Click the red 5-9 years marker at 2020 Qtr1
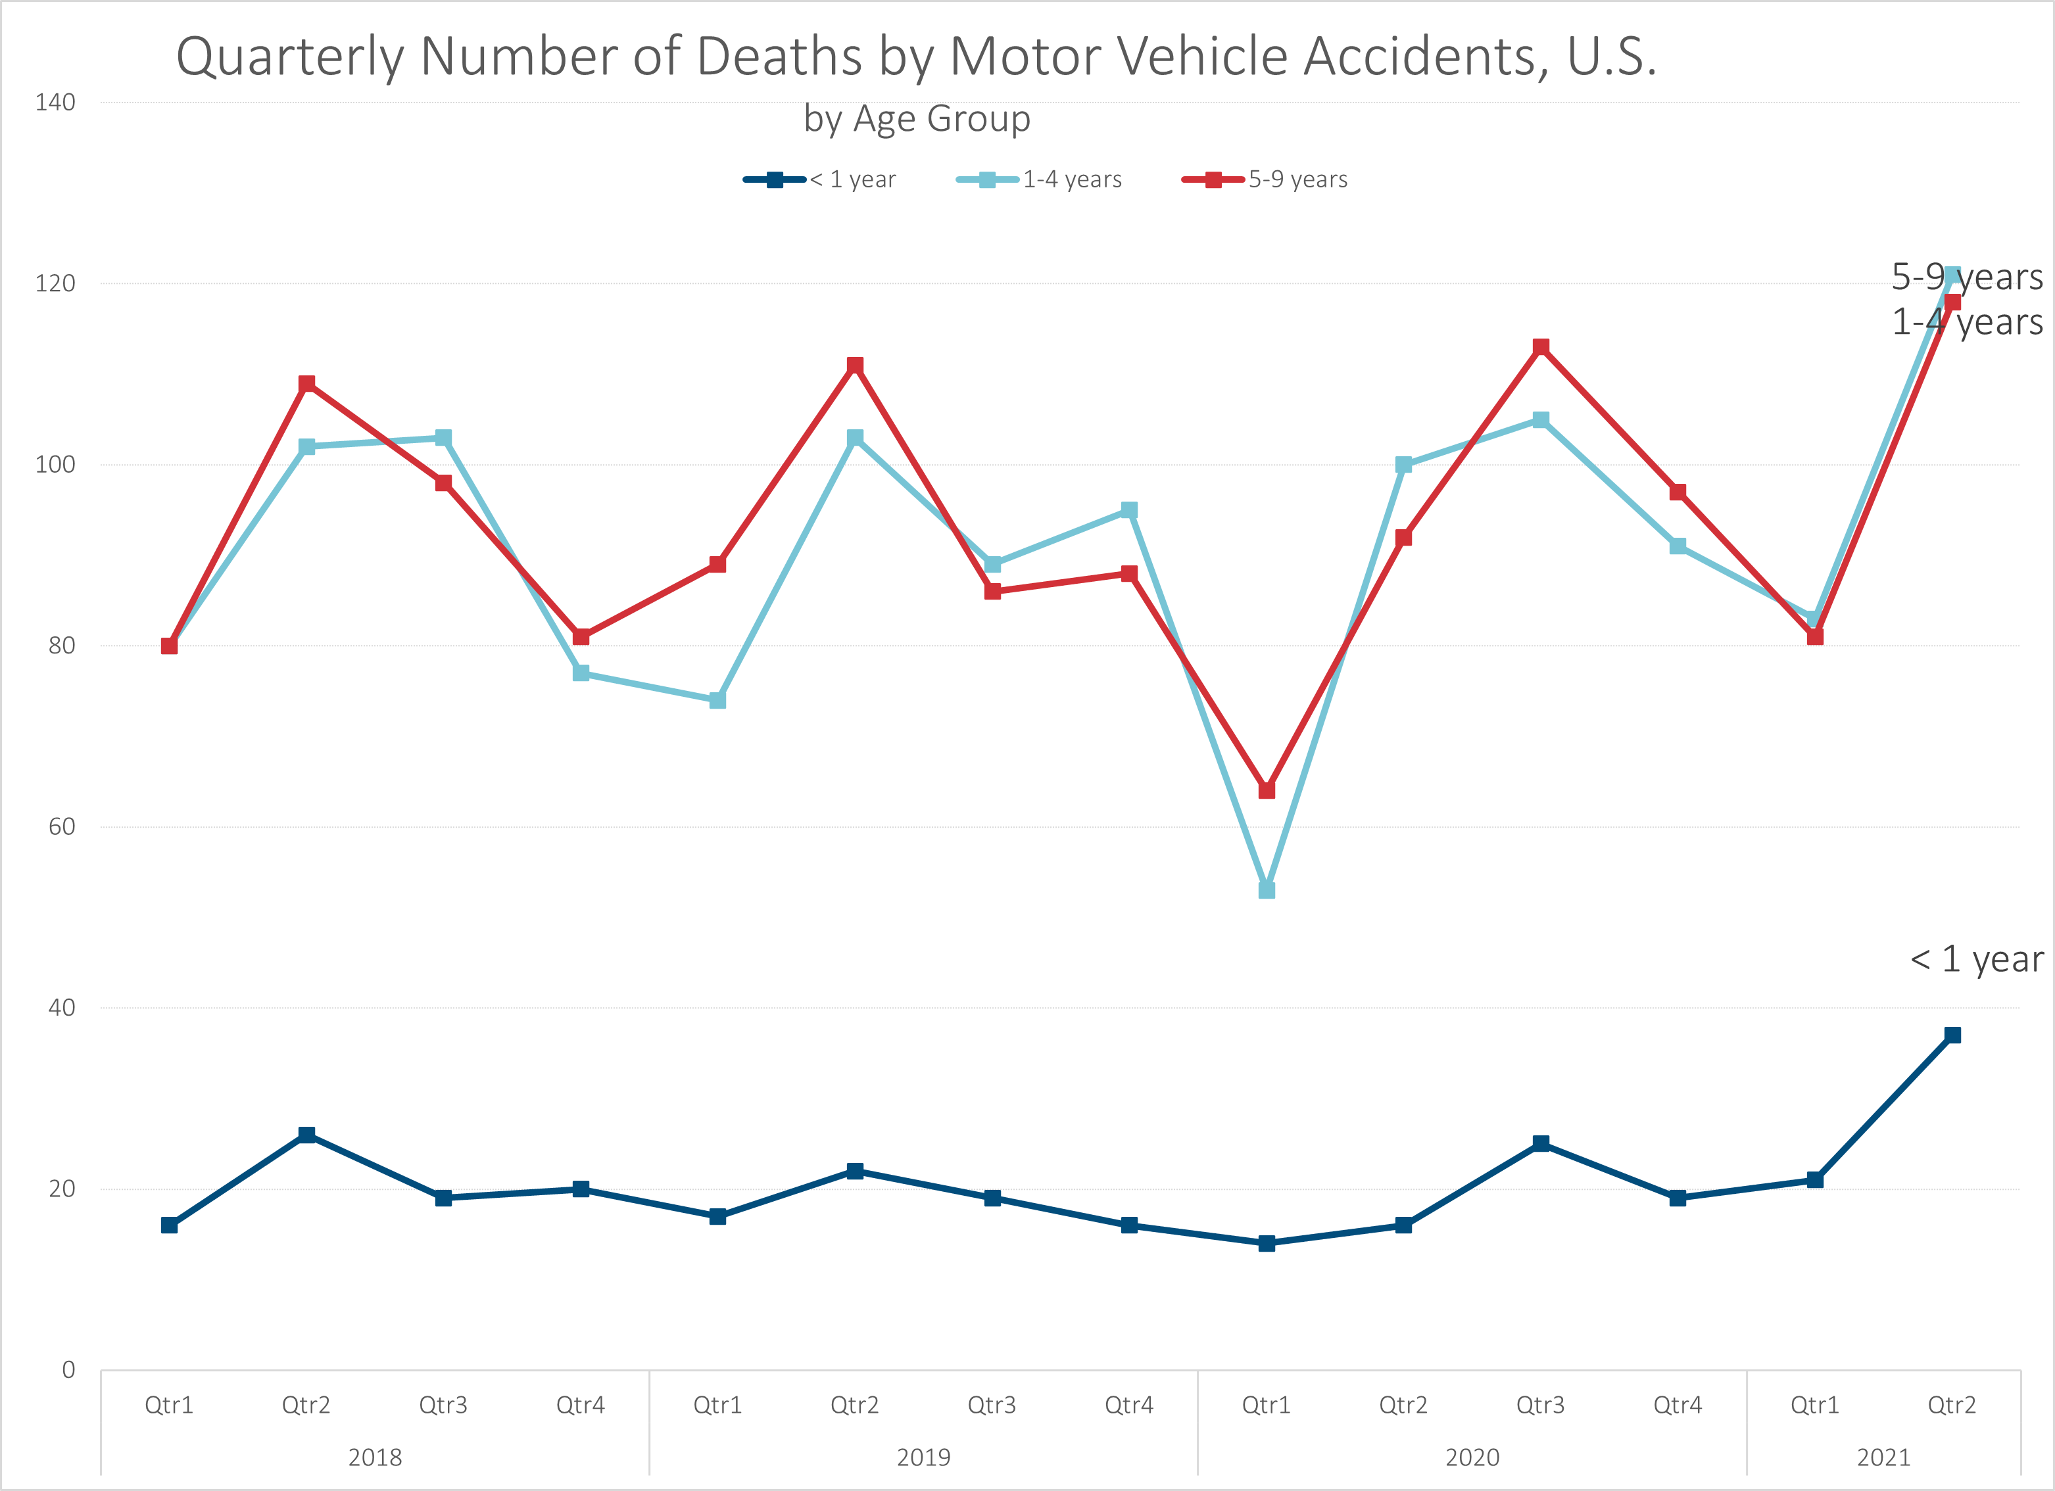tap(1267, 790)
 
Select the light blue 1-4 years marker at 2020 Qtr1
tap(1267, 890)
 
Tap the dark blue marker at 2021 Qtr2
tap(1952, 1035)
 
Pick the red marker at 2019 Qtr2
tap(854, 365)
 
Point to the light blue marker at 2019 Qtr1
tap(717, 700)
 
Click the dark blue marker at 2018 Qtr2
tap(306, 1135)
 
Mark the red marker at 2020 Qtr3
tap(1540, 347)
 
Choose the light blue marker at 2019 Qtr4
tap(1129, 510)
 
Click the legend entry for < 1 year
tap(820, 179)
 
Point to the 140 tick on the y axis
tap(55, 103)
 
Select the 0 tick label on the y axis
tap(68, 1369)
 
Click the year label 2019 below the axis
tap(923, 1457)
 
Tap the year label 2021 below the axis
tap(1884, 1457)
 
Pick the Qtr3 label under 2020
tap(1540, 1405)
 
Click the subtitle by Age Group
tap(917, 119)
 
